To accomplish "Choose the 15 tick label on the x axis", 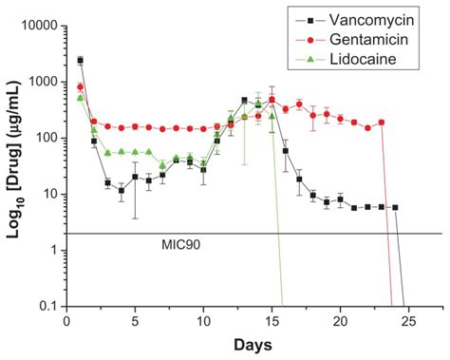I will (x=272, y=321).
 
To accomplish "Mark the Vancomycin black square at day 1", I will (x=80, y=60).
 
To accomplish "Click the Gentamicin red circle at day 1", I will (x=80, y=86).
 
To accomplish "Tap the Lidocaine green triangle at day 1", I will (x=80, y=97).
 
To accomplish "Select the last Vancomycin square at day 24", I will (x=395, y=207).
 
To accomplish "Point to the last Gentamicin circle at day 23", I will (x=382, y=123).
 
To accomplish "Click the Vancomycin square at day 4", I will (x=122, y=191).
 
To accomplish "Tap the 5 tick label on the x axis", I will (x=135, y=321).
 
